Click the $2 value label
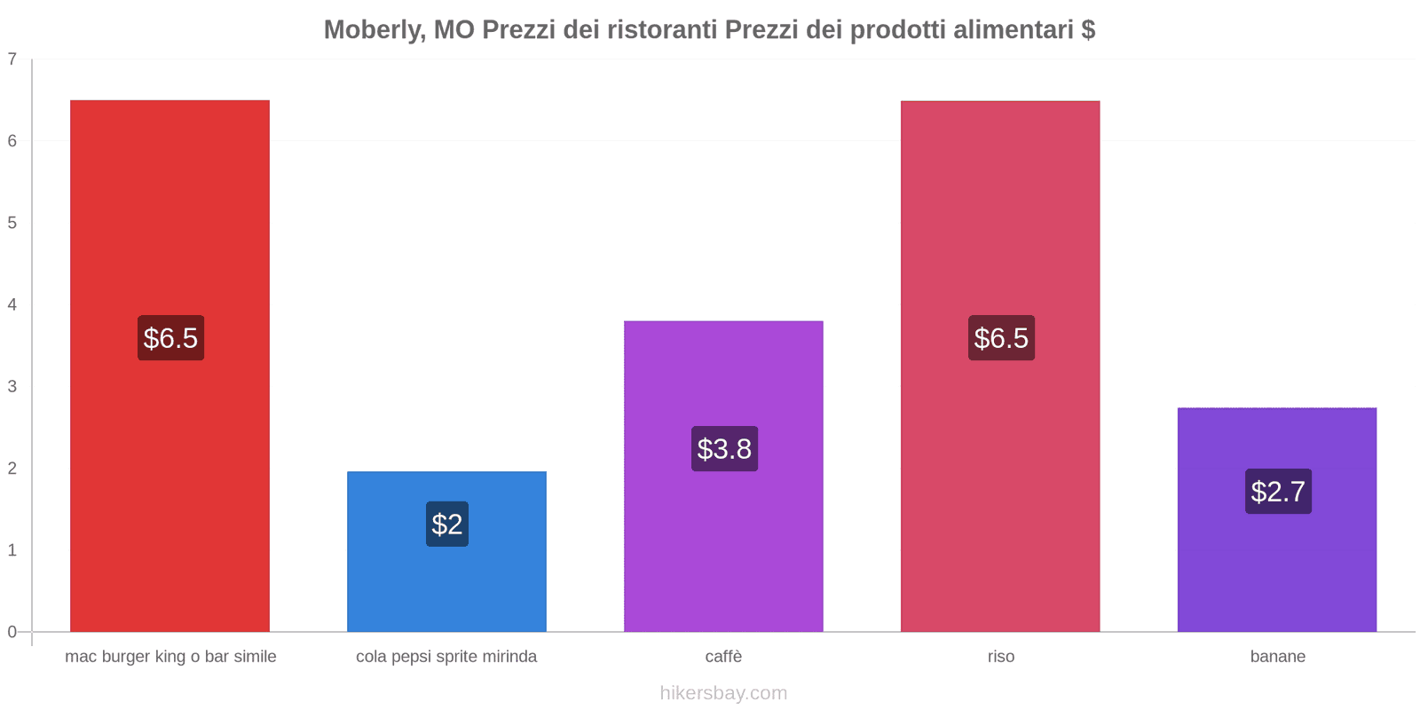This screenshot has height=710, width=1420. (x=447, y=525)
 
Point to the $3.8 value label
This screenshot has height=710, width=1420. (x=724, y=449)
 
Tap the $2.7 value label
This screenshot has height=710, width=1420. (x=1278, y=492)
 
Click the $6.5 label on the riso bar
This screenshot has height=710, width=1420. (x=1001, y=338)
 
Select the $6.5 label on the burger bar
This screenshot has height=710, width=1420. (x=170, y=338)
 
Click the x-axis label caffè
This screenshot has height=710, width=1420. (x=723, y=657)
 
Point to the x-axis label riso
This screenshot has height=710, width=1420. (x=1001, y=657)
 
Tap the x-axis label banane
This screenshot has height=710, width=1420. (x=1277, y=657)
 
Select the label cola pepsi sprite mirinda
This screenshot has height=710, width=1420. (x=446, y=657)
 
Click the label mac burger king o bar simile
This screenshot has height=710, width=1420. (x=170, y=657)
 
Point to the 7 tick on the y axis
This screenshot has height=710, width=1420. (x=12, y=59)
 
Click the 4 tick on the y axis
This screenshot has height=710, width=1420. (x=12, y=305)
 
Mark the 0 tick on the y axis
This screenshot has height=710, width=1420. (x=12, y=632)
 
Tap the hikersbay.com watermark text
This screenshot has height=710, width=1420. (x=723, y=693)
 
